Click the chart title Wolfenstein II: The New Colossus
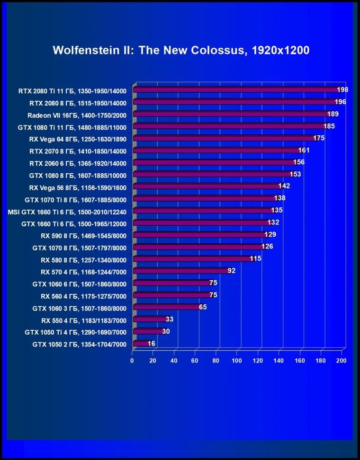point(181,50)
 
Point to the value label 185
point(329,126)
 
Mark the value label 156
point(299,162)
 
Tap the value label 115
point(256,259)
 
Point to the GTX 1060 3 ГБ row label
point(79,308)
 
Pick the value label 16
point(152,344)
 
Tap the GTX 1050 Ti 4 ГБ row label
point(75,332)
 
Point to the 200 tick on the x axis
point(342,361)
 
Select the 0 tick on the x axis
point(132,361)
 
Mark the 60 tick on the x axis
point(195,361)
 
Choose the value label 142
point(284,186)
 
